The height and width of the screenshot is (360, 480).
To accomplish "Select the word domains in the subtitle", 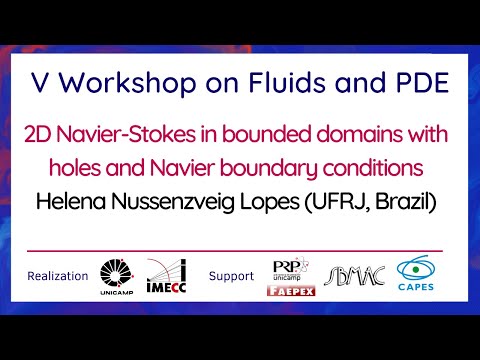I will tap(349, 135).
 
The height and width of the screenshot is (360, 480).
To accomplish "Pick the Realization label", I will tap(59, 276).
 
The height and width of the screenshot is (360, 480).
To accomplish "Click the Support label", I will tap(231, 276).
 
